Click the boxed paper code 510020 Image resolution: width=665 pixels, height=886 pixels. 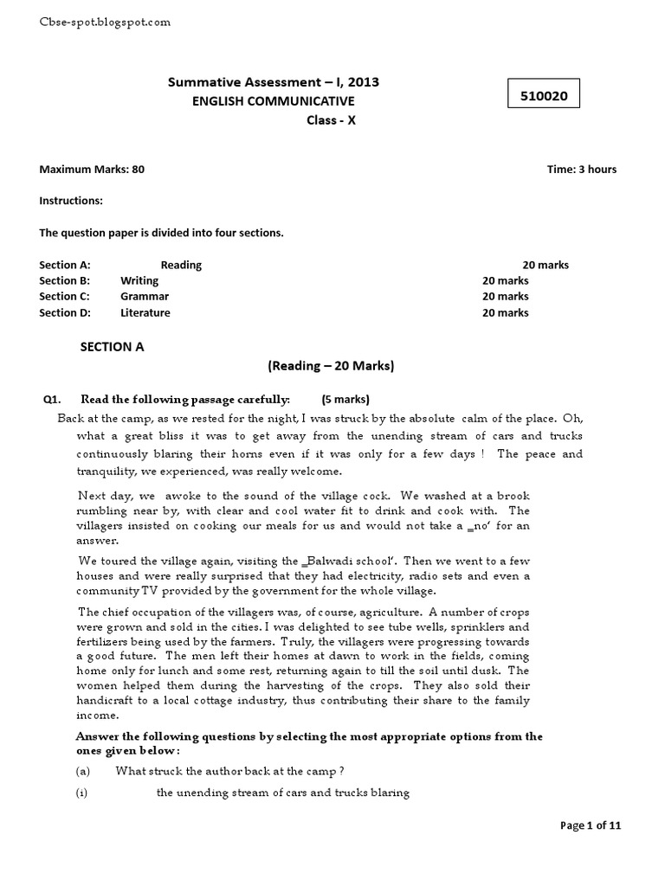click(x=544, y=96)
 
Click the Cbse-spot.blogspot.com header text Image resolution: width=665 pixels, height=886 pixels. click(x=106, y=22)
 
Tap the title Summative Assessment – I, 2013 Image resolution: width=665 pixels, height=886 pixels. click(x=273, y=82)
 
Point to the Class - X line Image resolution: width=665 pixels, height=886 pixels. click(x=331, y=120)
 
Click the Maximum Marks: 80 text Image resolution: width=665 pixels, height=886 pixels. click(x=92, y=170)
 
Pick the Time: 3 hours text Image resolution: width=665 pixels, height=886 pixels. click(x=582, y=170)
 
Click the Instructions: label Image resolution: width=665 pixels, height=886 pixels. click(x=71, y=201)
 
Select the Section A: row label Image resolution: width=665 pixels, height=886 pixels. click(x=65, y=265)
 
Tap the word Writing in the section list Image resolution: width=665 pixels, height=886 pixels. click(x=139, y=280)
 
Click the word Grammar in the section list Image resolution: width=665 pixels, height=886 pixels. click(x=144, y=297)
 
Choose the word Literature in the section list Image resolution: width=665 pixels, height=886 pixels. click(x=145, y=312)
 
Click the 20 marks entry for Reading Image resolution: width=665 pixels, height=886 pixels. click(x=546, y=265)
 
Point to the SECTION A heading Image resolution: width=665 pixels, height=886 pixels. click(x=112, y=346)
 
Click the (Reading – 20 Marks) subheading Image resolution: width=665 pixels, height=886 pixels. click(x=331, y=366)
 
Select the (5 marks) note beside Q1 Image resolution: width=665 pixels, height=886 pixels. click(x=345, y=399)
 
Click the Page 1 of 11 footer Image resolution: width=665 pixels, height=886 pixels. click(x=591, y=825)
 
